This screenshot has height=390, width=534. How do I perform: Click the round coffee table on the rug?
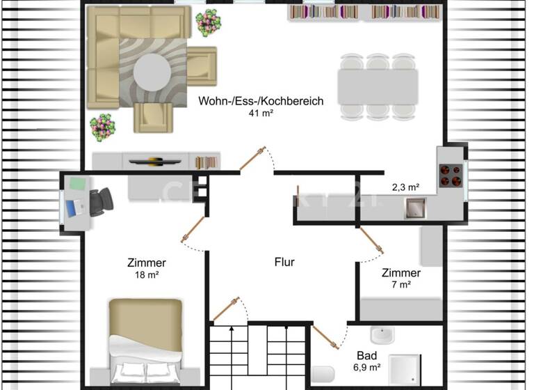click(152, 70)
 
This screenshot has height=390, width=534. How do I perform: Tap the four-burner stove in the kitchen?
click(451, 174)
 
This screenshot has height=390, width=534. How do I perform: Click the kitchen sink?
click(415, 206)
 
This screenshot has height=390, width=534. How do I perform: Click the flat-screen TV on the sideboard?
click(156, 161)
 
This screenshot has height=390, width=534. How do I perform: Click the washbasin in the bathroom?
click(381, 335)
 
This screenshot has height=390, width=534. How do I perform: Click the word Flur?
click(284, 263)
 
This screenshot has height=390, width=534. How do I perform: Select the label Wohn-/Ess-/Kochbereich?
click(261, 101)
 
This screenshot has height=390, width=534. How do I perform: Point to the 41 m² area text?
click(261, 113)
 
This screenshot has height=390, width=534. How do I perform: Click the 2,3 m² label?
click(405, 187)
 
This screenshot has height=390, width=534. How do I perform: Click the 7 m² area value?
click(401, 284)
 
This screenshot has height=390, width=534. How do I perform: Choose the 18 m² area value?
click(147, 274)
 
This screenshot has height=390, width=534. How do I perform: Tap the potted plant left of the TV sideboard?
click(102, 127)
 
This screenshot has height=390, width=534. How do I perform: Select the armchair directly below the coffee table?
click(153, 117)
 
